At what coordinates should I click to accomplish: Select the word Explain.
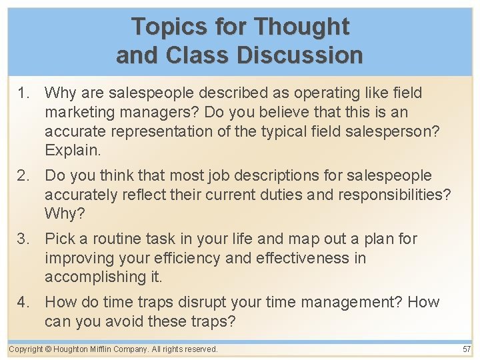pyautogui.click(x=73, y=150)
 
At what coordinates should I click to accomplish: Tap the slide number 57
pyautogui.click(x=466, y=349)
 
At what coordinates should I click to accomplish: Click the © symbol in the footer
pyautogui.click(x=49, y=349)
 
